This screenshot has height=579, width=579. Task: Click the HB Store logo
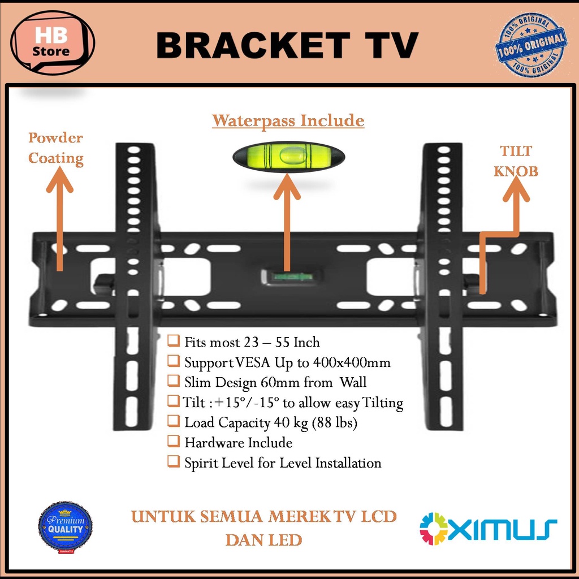pyautogui.click(x=53, y=43)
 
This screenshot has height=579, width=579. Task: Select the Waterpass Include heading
pyautogui.click(x=288, y=120)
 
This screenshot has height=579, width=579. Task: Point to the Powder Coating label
pyautogui.click(x=55, y=148)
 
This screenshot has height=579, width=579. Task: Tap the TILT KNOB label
pyautogui.click(x=515, y=161)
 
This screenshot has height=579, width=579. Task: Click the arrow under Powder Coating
pyautogui.click(x=59, y=221)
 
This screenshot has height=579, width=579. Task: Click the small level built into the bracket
pyautogui.click(x=287, y=276)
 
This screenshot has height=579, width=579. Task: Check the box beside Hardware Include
pyautogui.click(x=173, y=442)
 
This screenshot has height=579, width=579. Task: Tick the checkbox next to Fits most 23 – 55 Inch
pyautogui.click(x=173, y=342)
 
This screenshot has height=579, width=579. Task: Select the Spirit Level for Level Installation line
pyautogui.click(x=283, y=463)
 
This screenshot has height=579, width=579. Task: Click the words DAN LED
pyautogui.click(x=263, y=539)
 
